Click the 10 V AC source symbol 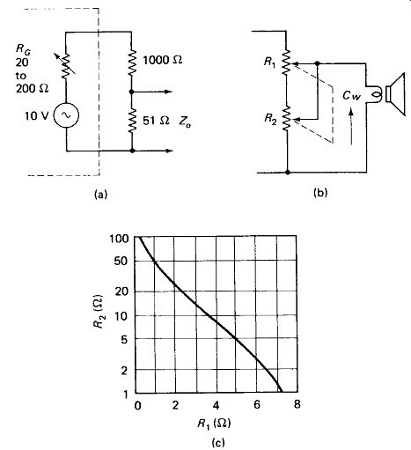[x=66, y=115]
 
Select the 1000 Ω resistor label [x=163, y=60]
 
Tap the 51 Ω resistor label [x=156, y=121]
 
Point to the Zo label [x=185, y=122]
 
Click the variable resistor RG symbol [x=66, y=65]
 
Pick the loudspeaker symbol [x=395, y=94]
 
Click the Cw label [x=351, y=96]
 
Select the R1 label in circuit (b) [x=270, y=63]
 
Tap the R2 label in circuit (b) [x=270, y=119]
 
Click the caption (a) [x=100, y=195]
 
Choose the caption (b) [x=320, y=193]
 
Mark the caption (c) [x=218, y=442]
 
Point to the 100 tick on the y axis [x=119, y=239]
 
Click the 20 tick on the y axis [x=121, y=291]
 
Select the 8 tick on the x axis [x=297, y=405]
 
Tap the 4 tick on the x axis [x=216, y=405]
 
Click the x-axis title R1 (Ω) [x=214, y=424]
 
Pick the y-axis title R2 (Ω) [x=99, y=312]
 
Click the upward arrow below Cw [x=351, y=127]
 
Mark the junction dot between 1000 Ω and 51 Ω [x=132, y=92]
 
